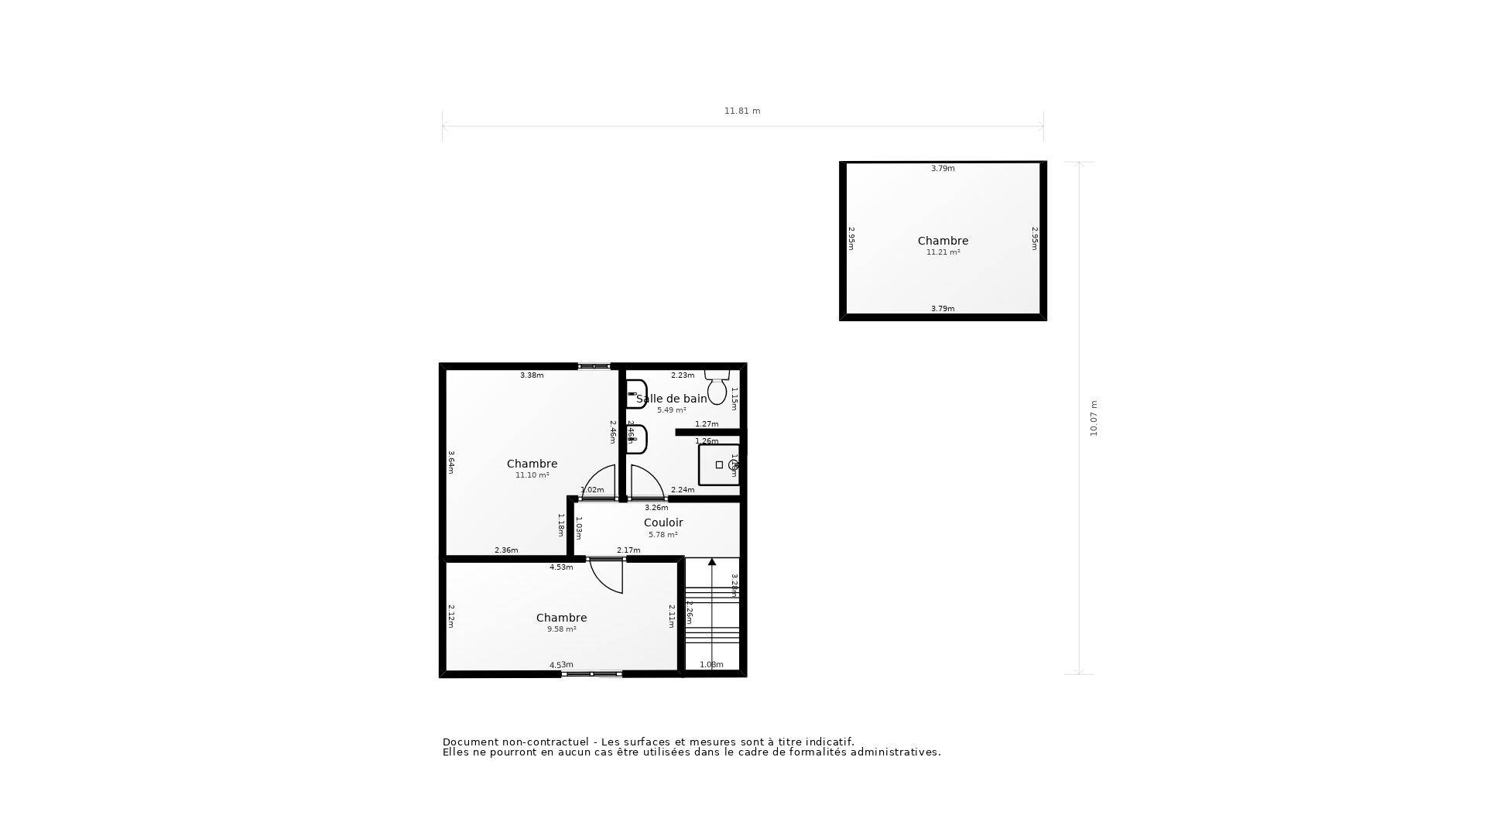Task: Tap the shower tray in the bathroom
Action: click(x=719, y=464)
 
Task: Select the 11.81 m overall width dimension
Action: click(x=742, y=111)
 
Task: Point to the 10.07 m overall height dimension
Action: click(x=1094, y=419)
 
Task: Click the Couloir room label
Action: click(x=663, y=522)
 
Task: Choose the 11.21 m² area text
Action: click(x=943, y=252)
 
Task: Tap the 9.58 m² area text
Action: click(x=561, y=629)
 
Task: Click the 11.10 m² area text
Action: click(x=532, y=475)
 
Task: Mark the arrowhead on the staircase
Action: click(x=712, y=562)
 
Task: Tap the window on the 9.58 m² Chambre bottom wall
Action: click(x=592, y=674)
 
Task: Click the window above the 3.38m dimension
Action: click(x=594, y=366)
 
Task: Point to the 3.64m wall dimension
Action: click(x=451, y=462)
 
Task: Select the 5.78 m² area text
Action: click(x=663, y=535)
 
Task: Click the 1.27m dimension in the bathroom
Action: click(x=707, y=424)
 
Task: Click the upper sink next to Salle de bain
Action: click(x=636, y=394)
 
